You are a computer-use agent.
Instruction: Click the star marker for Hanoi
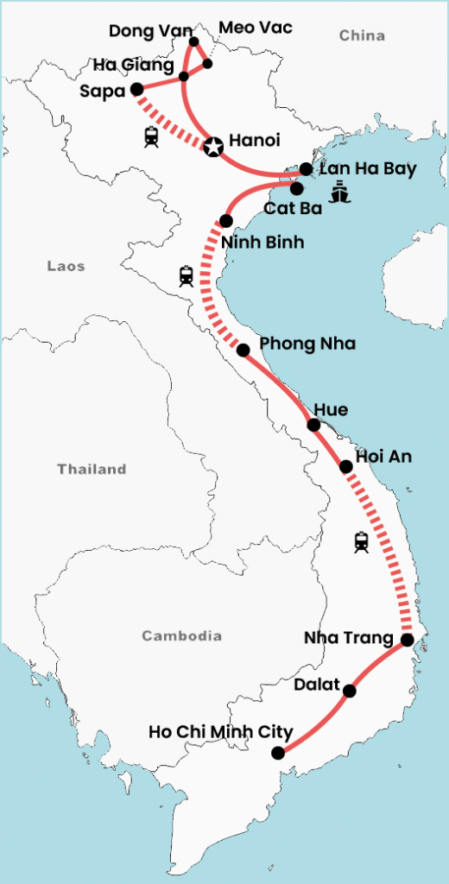click(x=212, y=147)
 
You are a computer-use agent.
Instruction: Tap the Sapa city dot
click(x=136, y=89)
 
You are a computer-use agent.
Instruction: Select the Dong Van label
click(x=144, y=32)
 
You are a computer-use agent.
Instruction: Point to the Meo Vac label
click(x=256, y=28)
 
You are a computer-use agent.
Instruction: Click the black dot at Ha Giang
click(x=184, y=77)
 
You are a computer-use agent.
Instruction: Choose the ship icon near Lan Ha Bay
click(x=341, y=191)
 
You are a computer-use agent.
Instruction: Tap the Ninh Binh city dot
click(x=226, y=220)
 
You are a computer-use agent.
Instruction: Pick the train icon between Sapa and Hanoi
click(x=152, y=136)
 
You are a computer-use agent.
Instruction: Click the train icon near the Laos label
click(x=187, y=275)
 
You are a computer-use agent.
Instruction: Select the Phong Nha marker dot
click(x=243, y=350)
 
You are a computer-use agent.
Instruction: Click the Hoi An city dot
click(x=346, y=466)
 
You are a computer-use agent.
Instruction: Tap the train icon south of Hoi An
click(x=362, y=541)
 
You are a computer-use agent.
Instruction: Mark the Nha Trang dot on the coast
click(x=408, y=640)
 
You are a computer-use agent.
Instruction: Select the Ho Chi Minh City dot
click(x=277, y=753)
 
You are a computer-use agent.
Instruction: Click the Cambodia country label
click(x=181, y=636)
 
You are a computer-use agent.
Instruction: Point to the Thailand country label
click(x=92, y=470)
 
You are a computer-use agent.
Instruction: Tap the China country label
click(x=361, y=35)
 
